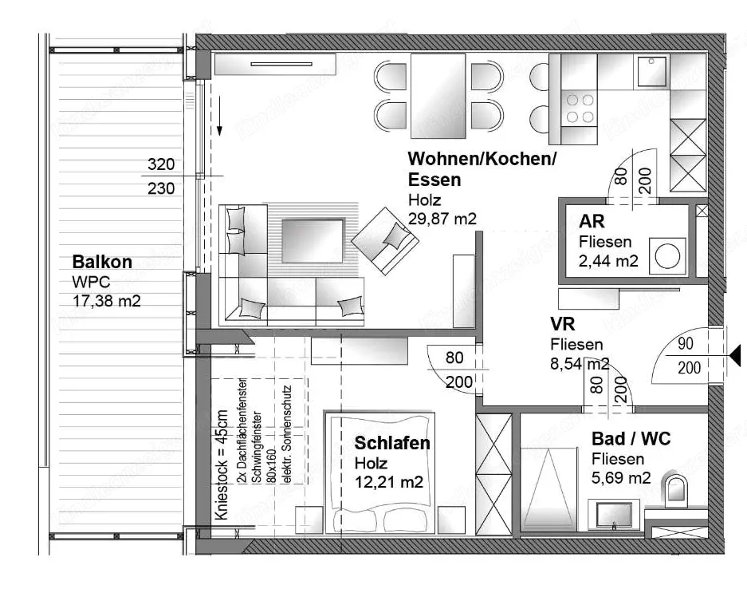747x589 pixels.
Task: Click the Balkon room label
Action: pos(102,262)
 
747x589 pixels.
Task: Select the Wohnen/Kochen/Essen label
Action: pos(482,168)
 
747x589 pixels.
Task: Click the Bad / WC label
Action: pos(631,439)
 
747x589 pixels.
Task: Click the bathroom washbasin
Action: pos(614,513)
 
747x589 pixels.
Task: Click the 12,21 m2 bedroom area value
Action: pos(388,482)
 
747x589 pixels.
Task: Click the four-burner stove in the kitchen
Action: pos(580,108)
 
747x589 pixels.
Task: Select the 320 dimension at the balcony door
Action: pos(160,165)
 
